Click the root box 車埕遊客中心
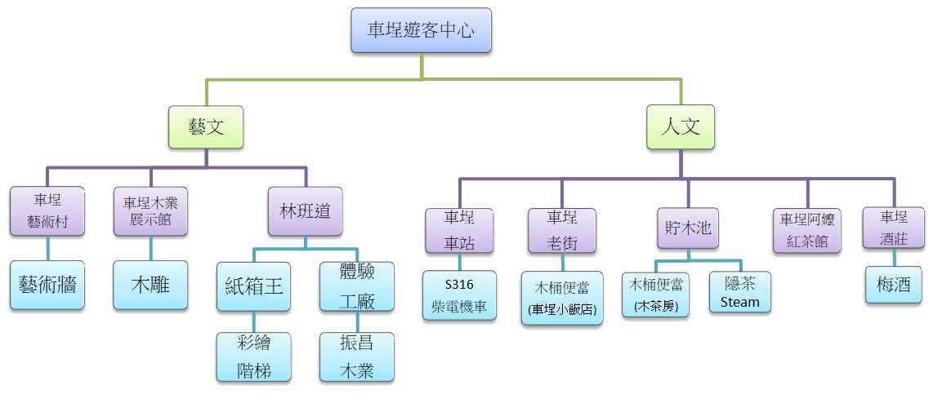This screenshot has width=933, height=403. point(421,32)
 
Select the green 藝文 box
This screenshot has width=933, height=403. point(207,127)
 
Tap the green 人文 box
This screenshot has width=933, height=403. point(681,127)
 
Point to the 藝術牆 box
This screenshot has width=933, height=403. point(47,286)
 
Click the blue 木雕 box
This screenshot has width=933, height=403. point(150,286)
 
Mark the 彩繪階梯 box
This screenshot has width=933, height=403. point(254,357)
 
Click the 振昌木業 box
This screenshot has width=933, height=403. point(356,357)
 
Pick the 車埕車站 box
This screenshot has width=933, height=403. point(459,230)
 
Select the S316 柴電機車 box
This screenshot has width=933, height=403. point(459,295)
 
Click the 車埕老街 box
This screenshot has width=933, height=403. point(561,230)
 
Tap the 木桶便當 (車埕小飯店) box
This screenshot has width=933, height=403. point(562,298)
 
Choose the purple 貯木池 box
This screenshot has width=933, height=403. point(687,228)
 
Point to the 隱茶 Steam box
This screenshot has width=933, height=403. point(740,292)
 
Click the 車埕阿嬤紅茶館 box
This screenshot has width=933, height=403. point(807,230)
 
